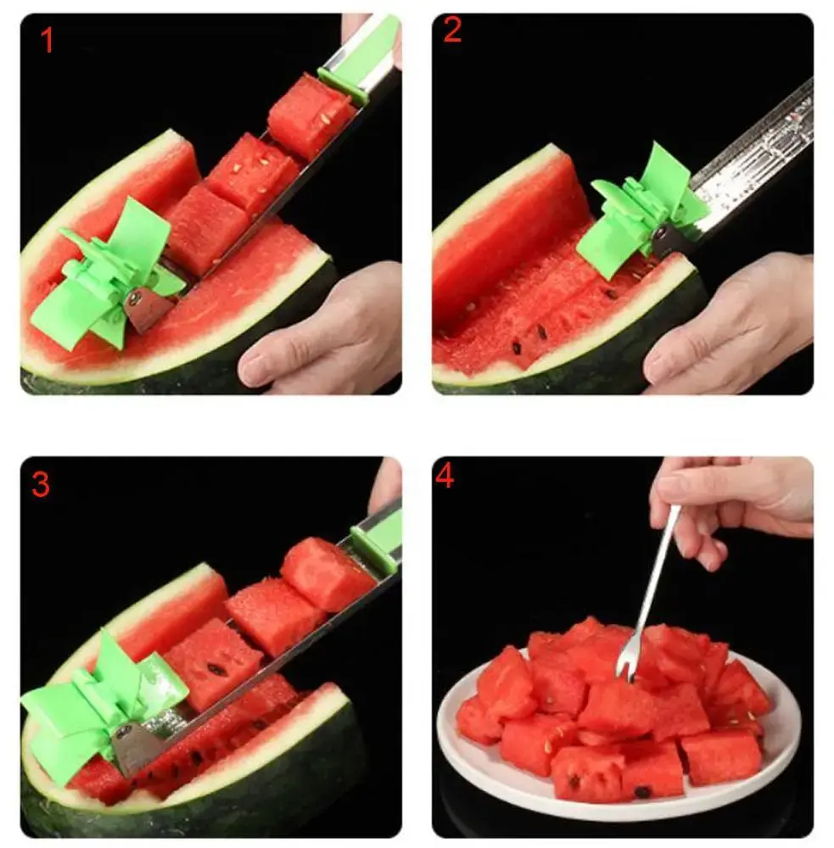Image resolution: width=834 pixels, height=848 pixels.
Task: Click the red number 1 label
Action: [x=48, y=39]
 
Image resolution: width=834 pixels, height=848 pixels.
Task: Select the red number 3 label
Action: [x=42, y=484]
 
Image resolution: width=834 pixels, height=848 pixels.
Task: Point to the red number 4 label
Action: [x=445, y=477]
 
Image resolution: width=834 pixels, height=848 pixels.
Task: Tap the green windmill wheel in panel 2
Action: [x=639, y=215]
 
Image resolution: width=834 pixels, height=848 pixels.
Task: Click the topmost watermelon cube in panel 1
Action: [x=310, y=114]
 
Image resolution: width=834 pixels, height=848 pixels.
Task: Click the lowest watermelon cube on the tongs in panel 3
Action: [x=212, y=664]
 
